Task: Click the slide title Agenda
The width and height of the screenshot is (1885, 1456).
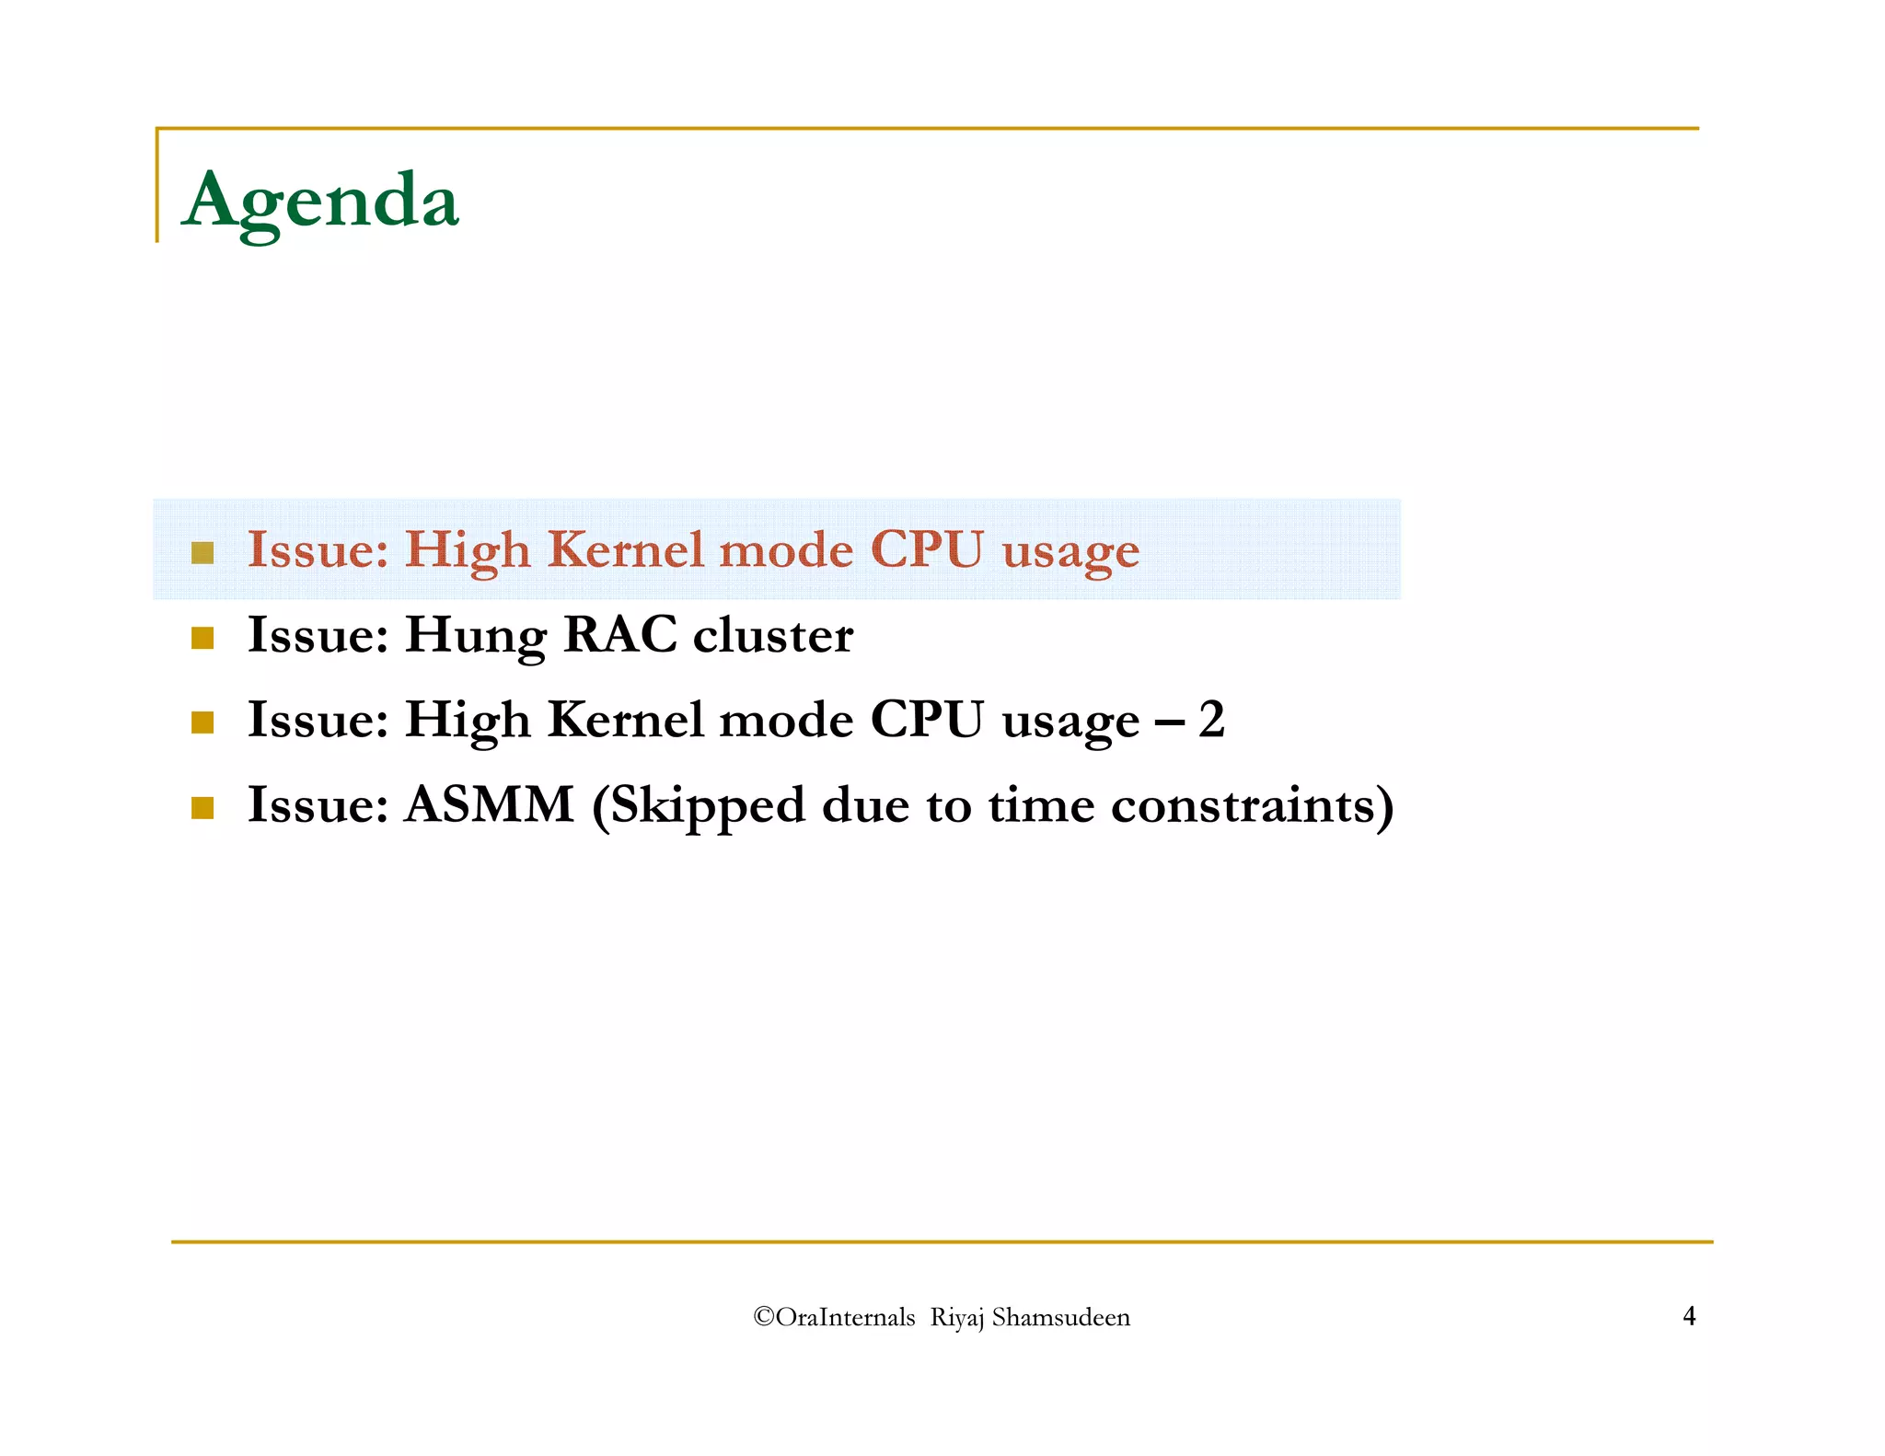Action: pyautogui.click(x=320, y=200)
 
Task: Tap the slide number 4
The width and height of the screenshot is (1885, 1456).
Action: pyautogui.click(x=1689, y=1316)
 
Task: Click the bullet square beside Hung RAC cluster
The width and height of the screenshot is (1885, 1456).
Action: pyautogui.click(x=202, y=638)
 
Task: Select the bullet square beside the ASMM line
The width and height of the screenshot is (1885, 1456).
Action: pyautogui.click(x=202, y=808)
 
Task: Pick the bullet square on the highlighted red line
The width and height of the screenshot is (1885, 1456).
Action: pyautogui.click(x=202, y=553)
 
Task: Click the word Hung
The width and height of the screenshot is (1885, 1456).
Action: pyautogui.click(x=475, y=636)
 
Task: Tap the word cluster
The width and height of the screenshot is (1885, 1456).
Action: pyautogui.click(x=772, y=634)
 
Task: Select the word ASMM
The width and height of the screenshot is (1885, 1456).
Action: pyautogui.click(x=490, y=804)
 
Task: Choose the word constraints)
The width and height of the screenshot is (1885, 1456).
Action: pyautogui.click(x=1253, y=804)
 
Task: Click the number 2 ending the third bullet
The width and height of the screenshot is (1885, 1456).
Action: pyautogui.click(x=1211, y=719)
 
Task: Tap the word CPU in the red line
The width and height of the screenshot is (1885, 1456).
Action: pyautogui.click(x=926, y=549)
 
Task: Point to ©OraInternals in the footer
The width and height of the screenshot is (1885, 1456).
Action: pyautogui.click(x=834, y=1317)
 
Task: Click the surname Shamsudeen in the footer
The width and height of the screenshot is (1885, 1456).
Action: pyautogui.click(x=1060, y=1317)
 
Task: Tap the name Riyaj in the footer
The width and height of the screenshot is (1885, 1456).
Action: pyautogui.click(x=957, y=1318)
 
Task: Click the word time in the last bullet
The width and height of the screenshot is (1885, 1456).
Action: pyautogui.click(x=1041, y=804)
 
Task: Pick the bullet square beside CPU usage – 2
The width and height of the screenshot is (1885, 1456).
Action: pyautogui.click(x=202, y=722)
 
